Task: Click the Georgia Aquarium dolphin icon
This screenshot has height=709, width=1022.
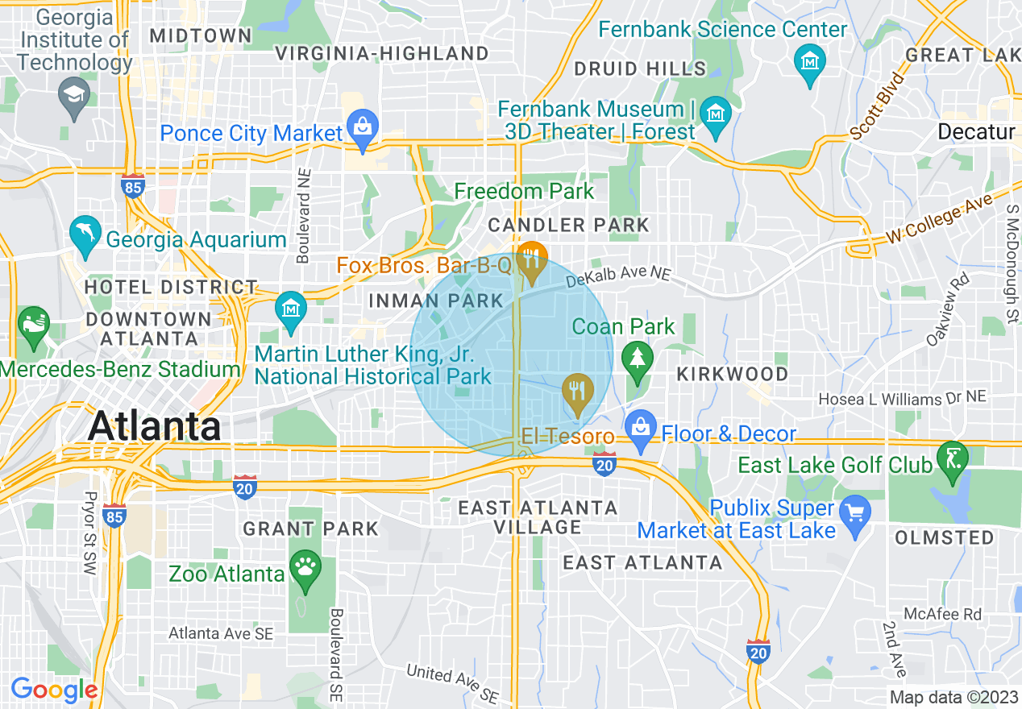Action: (x=84, y=234)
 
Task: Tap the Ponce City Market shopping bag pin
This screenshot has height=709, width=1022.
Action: (x=362, y=127)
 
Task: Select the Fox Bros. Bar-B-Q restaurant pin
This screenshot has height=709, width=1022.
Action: (x=531, y=259)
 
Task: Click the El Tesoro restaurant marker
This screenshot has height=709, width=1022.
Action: (x=576, y=392)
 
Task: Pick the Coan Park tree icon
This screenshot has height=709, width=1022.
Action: (x=638, y=356)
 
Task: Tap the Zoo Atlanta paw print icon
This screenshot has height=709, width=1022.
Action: (x=305, y=567)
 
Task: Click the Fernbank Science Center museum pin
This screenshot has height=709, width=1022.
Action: (x=808, y=60)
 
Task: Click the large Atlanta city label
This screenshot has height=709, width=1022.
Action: (x=154, y=425)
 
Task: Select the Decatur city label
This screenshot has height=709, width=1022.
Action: (x=976, y=131)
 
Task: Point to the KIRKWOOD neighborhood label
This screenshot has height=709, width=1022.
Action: (x=733, y=374)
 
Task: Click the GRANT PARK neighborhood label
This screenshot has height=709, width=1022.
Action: (x=310, y=529)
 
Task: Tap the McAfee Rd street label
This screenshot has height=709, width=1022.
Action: (x=942, y=614)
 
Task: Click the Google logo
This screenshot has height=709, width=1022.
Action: (x=54, y=690)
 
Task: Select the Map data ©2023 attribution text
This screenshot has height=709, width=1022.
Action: (x=953, y=697)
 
